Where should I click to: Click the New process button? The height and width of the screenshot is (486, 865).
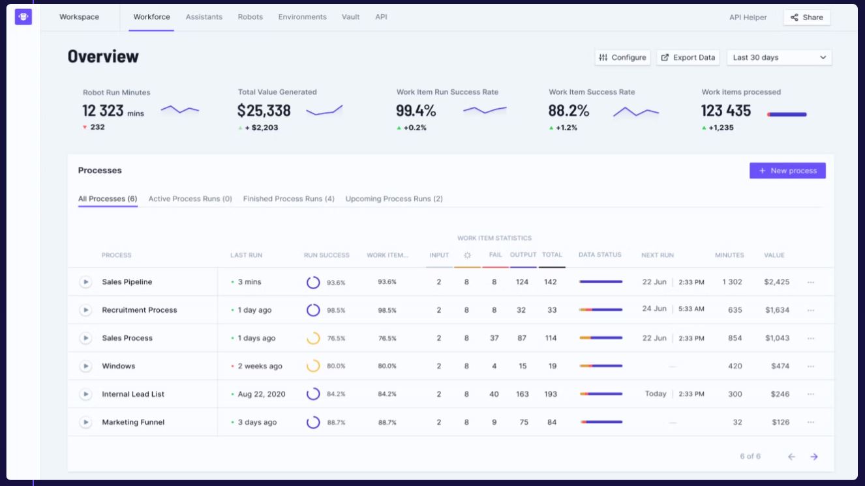point(787,171)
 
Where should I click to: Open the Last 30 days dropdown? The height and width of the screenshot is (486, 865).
point(779,57)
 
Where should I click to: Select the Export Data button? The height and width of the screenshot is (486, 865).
point(688,57)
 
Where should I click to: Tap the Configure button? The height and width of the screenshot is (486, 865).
point(622,57)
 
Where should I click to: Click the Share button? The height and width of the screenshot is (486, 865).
point(806,18)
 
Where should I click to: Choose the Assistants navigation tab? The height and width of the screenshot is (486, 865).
point(204,17)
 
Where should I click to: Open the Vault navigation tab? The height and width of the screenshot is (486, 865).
point(350,17)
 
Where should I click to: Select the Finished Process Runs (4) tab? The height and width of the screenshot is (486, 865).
point(288,199)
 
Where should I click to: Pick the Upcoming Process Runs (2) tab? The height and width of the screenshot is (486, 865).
point(394,199)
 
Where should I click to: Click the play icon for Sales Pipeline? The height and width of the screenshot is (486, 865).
point(85,282)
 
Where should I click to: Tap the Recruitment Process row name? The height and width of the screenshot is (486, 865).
point(140,310)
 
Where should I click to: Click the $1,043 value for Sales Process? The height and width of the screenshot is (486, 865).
point(776,338)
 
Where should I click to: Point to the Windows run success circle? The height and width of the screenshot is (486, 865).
point(313,366)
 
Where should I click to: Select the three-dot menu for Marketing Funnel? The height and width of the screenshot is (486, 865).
point(811,422)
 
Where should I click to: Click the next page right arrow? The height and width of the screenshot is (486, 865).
point(814,457)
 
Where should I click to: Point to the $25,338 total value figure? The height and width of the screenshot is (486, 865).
point(264,111)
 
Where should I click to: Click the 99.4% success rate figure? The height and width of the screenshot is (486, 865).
point(416,111)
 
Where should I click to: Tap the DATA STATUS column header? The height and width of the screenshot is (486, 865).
point(599,255)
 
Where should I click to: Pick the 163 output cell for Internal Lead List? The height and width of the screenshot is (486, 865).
point(522,394)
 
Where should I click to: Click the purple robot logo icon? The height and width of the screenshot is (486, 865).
point(23,17)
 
